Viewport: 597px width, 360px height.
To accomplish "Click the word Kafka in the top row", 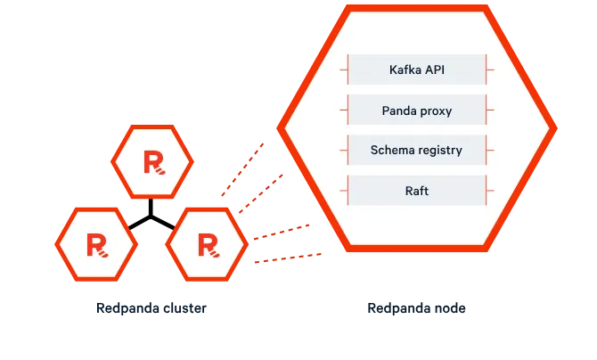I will click(x=405, y=69).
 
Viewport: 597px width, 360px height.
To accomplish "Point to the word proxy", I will click(x=437, y=111).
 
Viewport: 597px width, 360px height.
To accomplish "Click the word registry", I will click(x=439, y=151).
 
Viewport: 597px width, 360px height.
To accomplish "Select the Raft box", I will click(x=416, y=191).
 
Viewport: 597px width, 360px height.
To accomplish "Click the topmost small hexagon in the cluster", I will click(x=152, y=161).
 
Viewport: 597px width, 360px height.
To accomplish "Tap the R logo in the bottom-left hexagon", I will click(x=95, y=242).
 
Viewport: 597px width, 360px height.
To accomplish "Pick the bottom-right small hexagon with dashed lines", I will click(x=206, y=242).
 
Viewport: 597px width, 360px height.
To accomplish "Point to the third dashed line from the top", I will click(x=280, y=231).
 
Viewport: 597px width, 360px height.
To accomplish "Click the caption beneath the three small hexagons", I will click(x=150, y=307).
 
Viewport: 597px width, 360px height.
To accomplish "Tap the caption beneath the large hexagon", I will click(x=415, y=307).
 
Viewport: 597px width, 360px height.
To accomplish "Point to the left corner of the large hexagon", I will click(x=280, y=127).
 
